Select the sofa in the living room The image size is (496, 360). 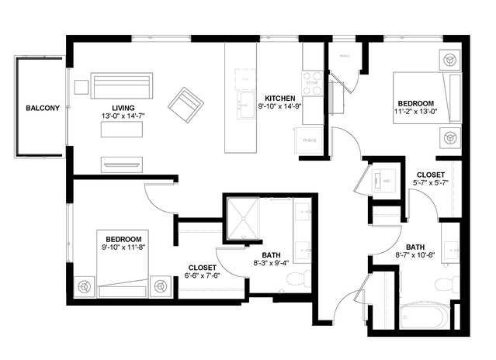click(x=123, y=84)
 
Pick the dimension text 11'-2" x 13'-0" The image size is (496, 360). click(x=416, y=111)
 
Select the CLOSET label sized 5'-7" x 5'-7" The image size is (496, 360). click(x=431, y=175)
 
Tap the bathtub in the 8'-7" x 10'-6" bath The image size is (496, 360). click(x=424, y=317)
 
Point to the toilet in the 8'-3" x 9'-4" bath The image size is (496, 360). click(x=305, y=278)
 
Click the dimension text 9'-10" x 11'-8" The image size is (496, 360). click(x=123, y=247)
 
